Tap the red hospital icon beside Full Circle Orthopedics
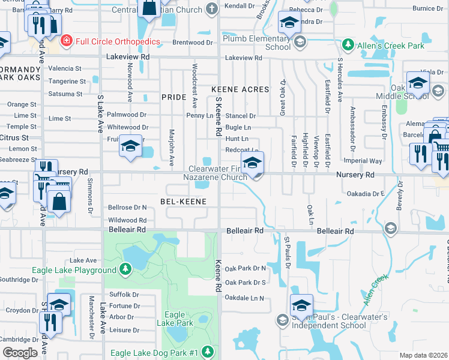[x=67, y=41]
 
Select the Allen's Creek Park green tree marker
[x=347, y=45]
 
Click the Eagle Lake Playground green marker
[x=125, y=270]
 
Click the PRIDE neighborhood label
[x=175, y=97]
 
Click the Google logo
[x=20, y=353]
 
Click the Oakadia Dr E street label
[x=366, y=194]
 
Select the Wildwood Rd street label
[x=127, y=220]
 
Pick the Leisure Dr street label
[x=124, y=330]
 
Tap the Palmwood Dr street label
[x=127, y=115]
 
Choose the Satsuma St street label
[x=65, y=94]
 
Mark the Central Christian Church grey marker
[x=211, y=8]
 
